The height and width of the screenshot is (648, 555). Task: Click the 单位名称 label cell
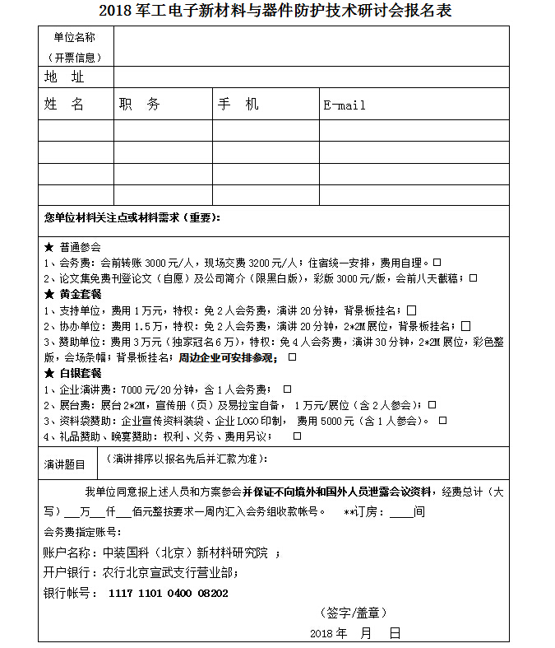click(x=74, y=47)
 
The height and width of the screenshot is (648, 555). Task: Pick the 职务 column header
click(x=139, y=105)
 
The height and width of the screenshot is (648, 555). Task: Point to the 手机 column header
click(x=238, y=105)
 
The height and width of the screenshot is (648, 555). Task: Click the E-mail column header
click(x=345, y=105)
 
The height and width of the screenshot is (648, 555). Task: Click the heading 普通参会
click(x=79, y=246)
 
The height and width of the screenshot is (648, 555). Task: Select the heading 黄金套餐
click(x=79, y=294)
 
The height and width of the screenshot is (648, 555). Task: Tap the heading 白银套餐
click(x=79, y=373)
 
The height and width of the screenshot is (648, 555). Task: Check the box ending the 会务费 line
click(x=437, y=263)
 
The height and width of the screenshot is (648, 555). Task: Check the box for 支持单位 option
click(x=411, y=310)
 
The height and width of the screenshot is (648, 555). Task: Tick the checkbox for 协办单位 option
click(x=466, y=325)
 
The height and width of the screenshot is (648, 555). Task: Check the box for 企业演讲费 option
click(x=287, y=389)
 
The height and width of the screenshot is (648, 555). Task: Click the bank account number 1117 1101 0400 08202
click(x=168, y=593)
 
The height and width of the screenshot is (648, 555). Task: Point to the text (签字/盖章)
click(x=353, y=613)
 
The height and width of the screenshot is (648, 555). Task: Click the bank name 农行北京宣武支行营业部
click(x=169, y=572)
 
